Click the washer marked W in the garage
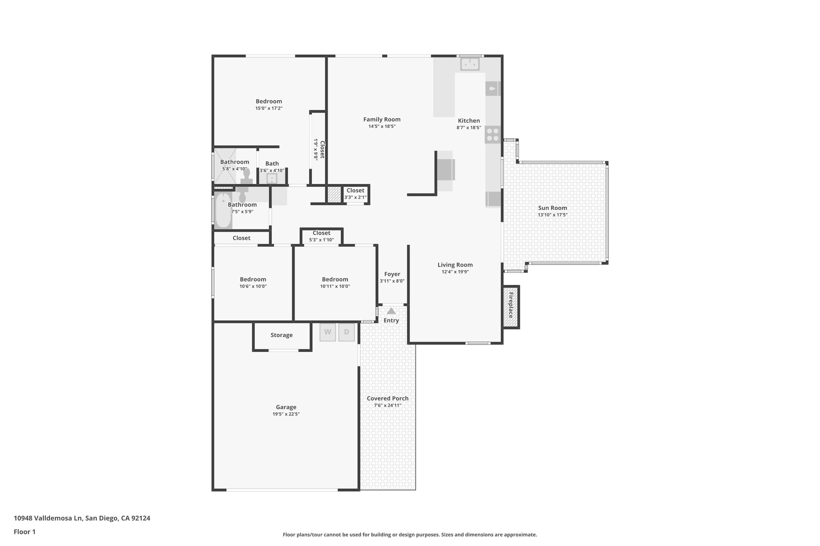328,332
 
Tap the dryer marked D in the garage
346,332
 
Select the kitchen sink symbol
470,64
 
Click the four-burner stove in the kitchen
493,134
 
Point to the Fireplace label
511,305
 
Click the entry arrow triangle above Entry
391,311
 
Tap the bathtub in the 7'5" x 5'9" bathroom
223,210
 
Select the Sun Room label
552,208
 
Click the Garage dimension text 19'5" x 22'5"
286,414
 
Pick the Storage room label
281,335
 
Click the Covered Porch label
388,398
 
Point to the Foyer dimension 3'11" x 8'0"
392,281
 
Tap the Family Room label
382,119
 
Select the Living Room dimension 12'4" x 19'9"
455,272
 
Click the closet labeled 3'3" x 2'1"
355,194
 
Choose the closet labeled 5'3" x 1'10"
322,236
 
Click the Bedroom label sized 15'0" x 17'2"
269,101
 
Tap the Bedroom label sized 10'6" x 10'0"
253,279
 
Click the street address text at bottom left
82,518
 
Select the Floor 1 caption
24,532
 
